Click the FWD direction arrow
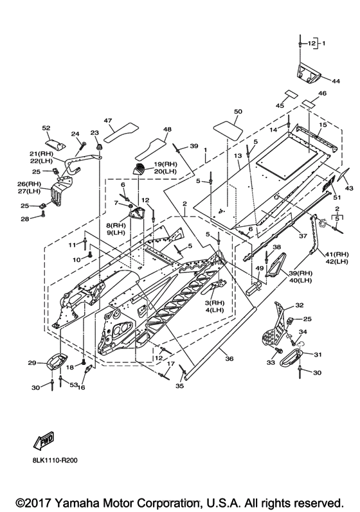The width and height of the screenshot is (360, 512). (x=43, y=440)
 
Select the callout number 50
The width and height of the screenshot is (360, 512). (x=238, y=111)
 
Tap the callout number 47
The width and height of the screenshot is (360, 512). (x=108, y=120)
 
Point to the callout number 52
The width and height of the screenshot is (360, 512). (x=46, y=128)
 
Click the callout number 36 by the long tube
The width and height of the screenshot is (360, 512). (x=230, y=358)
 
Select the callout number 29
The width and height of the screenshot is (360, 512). (x=32, y=363)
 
